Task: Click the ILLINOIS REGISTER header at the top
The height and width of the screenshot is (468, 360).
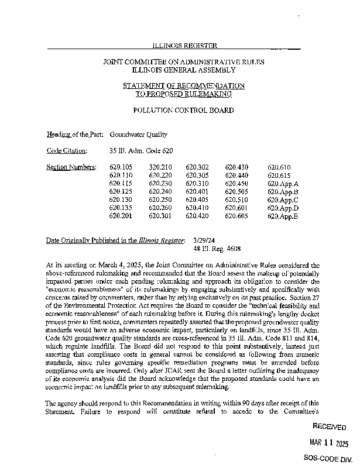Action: pos(184,45)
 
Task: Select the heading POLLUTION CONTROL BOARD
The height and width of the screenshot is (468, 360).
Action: pos(184,110)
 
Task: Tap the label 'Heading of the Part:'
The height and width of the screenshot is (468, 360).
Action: pos(75,134)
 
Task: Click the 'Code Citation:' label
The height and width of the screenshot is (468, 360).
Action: pos(67,151)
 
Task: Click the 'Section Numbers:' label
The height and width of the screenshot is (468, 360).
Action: pos(71,167)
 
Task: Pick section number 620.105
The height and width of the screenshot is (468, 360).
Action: pos(121,167)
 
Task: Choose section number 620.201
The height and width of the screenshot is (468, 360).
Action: pos(121,216)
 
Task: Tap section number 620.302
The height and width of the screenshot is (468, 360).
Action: pos(197,167)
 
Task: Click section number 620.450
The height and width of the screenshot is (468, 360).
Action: pos(236,184)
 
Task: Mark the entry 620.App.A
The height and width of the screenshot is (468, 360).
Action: pos(283,184)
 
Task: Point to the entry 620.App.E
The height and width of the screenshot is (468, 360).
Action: pos(283,216)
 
